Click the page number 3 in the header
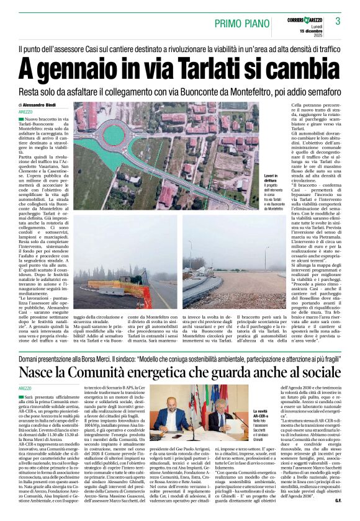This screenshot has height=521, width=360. coord(338,21)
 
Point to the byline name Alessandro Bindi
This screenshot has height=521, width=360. coord(49,105)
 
